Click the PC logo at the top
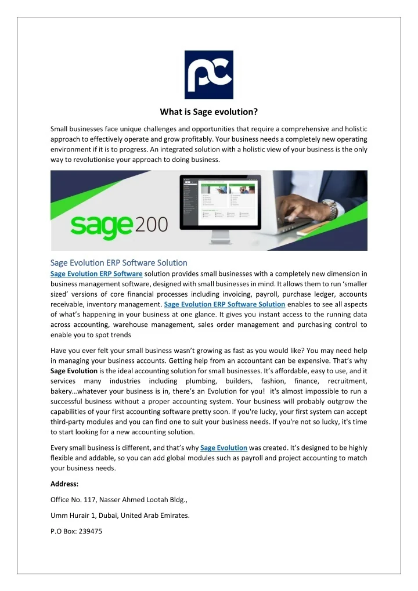[x=208, y=74]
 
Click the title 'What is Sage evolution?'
[x=209, y=113]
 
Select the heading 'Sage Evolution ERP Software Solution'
[x=118, y=263]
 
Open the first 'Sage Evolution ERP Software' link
[x=96, y=273]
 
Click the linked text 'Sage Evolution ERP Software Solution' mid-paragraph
[x=225, y=304]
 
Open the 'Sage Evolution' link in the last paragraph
[x=224, y=447]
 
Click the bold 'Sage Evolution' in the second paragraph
[x=73, y=370]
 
